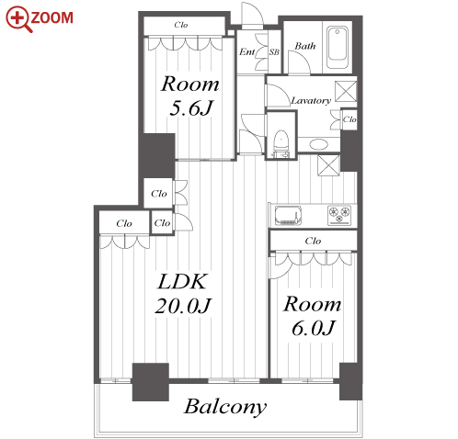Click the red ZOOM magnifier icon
click(18, 19)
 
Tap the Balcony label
click(225, 407)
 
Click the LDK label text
click(182, 282)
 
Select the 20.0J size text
click(183, 306)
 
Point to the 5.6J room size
click(190, 107)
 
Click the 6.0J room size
click(313, 328)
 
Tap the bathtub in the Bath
click(338, 48)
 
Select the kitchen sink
click(288, 215)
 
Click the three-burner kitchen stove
click(339, 215)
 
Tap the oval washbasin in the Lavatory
click(318, 144)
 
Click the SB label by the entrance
click(274, 52)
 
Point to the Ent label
click(246, 52)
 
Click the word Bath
click(305, 46)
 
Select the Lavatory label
click(311, 101)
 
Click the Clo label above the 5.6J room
click(181, 25)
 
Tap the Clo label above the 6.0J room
click(313, 241)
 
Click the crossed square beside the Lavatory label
click(346, 91)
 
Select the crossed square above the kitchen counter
click(328, 165)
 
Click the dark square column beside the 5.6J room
click(156, 155)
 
